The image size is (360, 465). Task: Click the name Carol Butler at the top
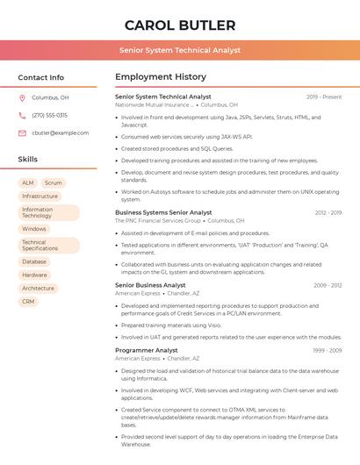pos(180,25)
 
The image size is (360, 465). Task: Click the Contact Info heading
pos(40,77)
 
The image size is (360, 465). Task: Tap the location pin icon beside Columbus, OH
pos(22,97)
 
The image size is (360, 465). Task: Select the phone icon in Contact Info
pos(22,115)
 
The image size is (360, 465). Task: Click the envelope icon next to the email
pos(22,133)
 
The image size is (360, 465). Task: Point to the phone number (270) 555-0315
pos(49,115)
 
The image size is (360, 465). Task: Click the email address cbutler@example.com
pos(60,133)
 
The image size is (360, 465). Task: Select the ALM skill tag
pos(28,182)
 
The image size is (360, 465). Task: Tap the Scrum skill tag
pos(53,182)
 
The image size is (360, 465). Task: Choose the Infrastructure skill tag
pos(40,197)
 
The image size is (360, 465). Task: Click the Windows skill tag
pos(34,229)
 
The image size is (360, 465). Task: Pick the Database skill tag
pos(34,261)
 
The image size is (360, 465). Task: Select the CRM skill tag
pos(28,301)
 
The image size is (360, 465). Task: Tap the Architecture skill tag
pos(38,288)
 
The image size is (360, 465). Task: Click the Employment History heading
pos(161,77)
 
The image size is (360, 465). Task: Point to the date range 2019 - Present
pos(324,97)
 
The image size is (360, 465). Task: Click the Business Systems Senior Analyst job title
pos(163,212)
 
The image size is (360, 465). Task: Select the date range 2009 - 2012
pos(328,285)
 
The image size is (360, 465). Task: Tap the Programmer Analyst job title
pos(147,350)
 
